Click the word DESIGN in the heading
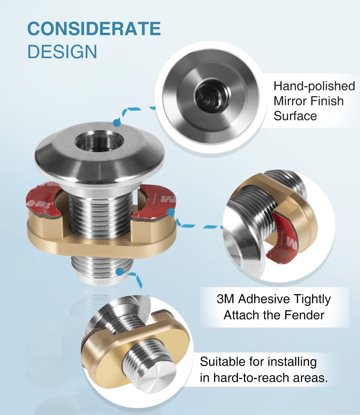(x=62, y=51)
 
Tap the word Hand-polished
(x=314, y=86)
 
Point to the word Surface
(x=295, y=116)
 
